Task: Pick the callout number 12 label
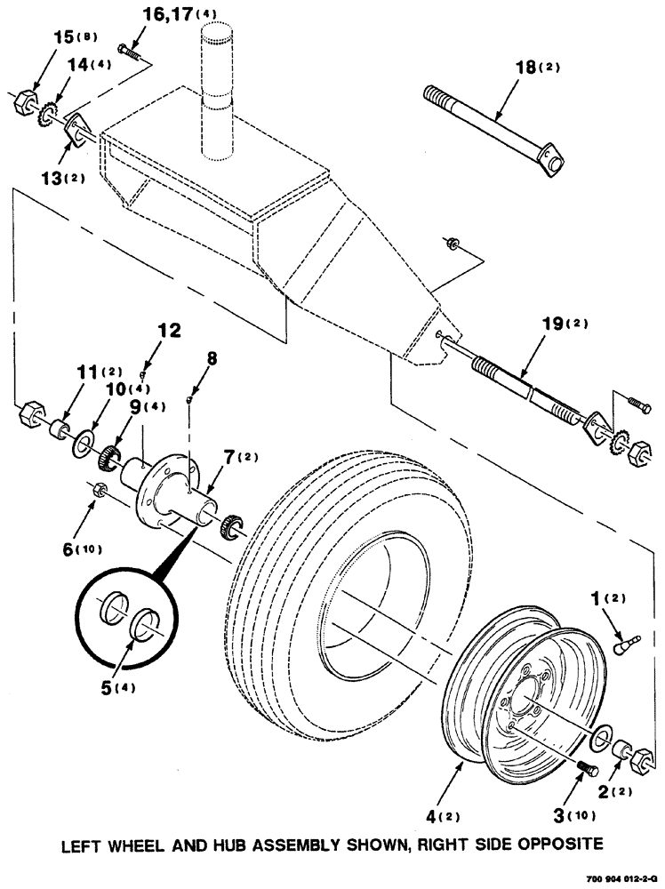(x=169, y=332)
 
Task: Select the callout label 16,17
(x=165, y=14)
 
